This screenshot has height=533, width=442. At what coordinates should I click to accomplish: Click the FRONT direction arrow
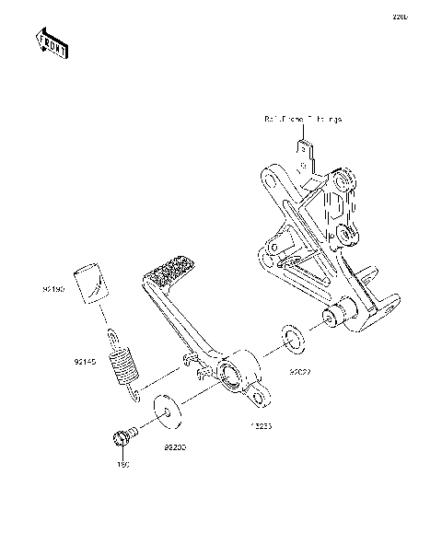tap(52, 42)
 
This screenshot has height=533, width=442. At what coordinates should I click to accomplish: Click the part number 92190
tap(52, 289)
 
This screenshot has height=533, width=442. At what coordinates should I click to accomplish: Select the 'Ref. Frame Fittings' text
tap(301, 120)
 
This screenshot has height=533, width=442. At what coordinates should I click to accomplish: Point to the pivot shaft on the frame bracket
tap(331, 319)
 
